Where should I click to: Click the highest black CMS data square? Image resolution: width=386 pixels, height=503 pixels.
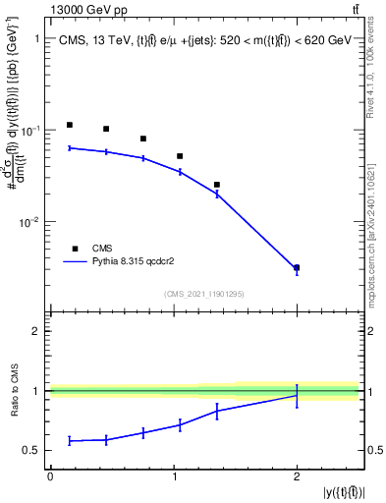tap(70, 125)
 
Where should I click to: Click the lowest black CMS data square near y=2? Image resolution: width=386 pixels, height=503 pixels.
tap(297, 267)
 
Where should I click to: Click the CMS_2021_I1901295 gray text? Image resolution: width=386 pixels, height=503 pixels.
tap(203, 294)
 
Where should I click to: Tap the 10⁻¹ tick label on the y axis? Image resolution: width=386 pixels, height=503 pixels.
tap(29, 131)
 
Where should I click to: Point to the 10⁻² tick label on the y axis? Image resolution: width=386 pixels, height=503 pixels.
tap(29, 222)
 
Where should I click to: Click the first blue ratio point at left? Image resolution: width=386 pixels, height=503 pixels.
tap(70, 440)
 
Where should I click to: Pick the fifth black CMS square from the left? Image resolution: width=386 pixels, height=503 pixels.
tap(217, 185)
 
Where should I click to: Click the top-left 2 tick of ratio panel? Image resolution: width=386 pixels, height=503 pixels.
tap(36, 331)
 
